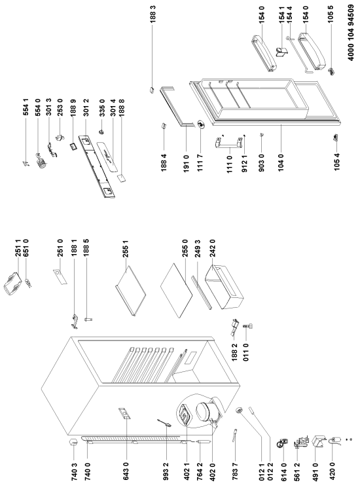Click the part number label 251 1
pos(19,248)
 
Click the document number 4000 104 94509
pos(351,32)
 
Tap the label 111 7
pos(200,162)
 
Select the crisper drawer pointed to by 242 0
pos(224,287)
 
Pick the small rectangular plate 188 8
pos(121,177)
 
